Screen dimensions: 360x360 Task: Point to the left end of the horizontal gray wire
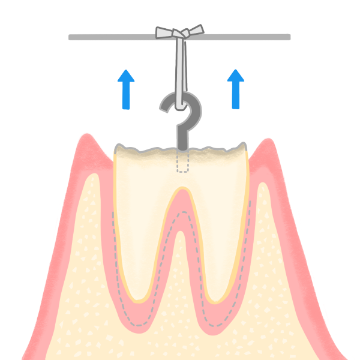(70, 37)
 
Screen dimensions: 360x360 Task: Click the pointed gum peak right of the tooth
(268, 140)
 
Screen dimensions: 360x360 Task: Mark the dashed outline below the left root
(138, 325)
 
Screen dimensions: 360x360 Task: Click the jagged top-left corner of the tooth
(116, 147)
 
